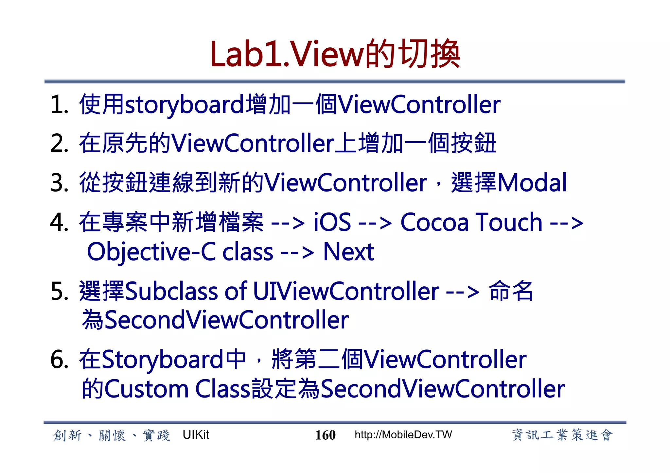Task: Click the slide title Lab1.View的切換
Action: pos(335,54)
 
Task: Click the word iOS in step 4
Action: pos(332,222)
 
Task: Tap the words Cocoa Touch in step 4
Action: pos(471,222)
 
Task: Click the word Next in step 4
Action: pos(348,252)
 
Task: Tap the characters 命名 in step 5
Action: pos(511,291)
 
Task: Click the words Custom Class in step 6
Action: pos(177,389)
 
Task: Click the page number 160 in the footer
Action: pos(325,435)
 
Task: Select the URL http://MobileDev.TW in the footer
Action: pos(403,435)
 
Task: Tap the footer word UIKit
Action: pos(196,435)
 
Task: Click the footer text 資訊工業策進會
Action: pos(562,435)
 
